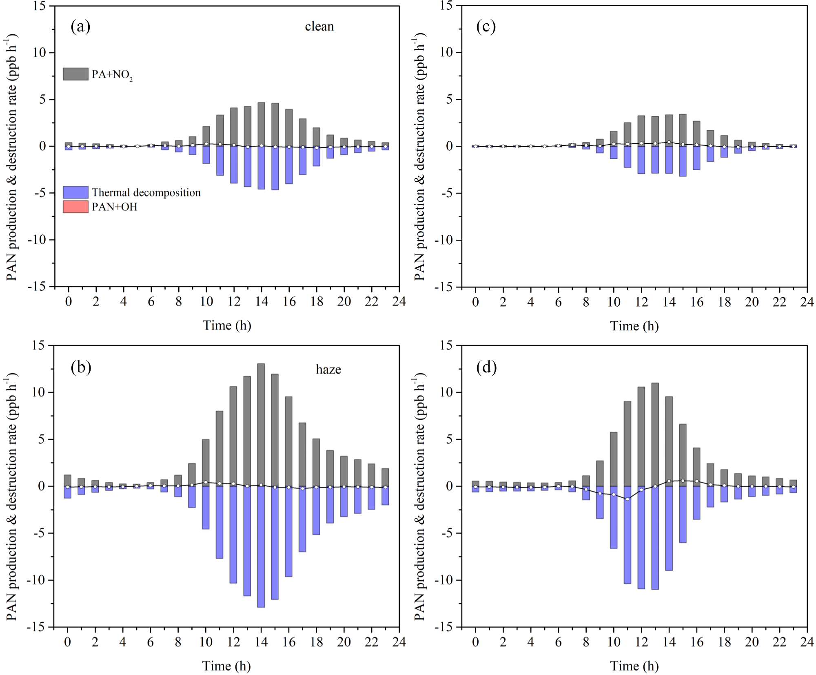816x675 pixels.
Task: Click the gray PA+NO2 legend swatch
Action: point(75,74)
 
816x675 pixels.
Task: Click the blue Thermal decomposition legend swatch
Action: point(75,192)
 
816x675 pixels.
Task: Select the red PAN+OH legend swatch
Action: point(75,207)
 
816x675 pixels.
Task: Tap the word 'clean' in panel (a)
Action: point(319,27)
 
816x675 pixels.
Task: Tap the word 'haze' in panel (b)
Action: point(328,370)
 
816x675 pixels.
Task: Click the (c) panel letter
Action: point(486,27)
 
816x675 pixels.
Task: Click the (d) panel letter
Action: point(486,368)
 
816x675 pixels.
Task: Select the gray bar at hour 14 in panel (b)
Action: point(261,425)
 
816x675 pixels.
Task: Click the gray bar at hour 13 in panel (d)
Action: point(655,434)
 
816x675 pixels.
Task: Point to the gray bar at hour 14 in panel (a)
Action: point(261,124)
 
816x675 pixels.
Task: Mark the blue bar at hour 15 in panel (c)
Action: point(683,161)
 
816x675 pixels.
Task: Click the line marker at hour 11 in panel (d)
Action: point(627,499)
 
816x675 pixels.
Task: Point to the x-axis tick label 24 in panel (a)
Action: point(399,301)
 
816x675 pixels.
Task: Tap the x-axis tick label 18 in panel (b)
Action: point(316,642)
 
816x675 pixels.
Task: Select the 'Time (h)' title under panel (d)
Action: point(634,666)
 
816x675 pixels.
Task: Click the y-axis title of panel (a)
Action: point(12,157)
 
